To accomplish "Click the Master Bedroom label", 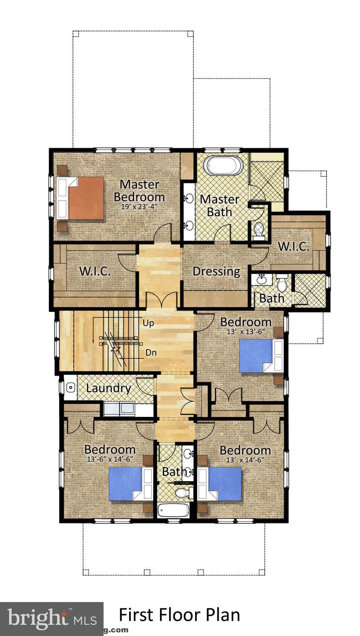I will (139, 190).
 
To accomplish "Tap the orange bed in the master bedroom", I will (85, 198).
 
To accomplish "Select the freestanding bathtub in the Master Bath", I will (224, 166).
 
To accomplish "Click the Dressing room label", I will (216, 272).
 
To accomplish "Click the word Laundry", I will (109, 388).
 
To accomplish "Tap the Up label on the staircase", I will (148, 323).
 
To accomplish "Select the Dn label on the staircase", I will (151, 353).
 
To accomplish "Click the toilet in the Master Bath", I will (259, 229).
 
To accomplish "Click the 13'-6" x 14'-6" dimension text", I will (110, 459).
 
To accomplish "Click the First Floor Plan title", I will (179, 615).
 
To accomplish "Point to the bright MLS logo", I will (51, 619).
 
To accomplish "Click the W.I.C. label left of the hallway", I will (94, 272).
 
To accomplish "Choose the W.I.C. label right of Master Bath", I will (293, 246).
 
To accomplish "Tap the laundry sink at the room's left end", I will (70, 388).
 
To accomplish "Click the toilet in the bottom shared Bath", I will (181, 492).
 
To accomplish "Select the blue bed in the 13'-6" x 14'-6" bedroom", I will (126, 484).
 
